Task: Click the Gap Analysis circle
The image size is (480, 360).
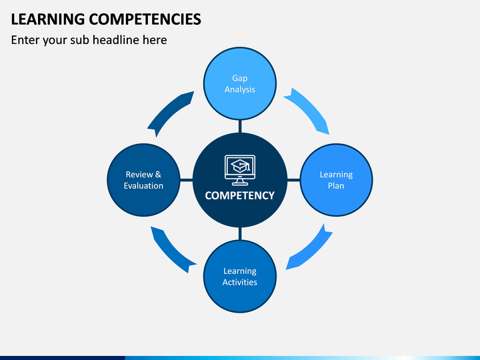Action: point(240,83)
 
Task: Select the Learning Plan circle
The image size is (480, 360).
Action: point(336,180)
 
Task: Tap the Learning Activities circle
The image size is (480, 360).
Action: point(240,277)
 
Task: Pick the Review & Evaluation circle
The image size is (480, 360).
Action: point(143,180)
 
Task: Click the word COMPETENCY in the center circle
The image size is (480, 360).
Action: point(240,195)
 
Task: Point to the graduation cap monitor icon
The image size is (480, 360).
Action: point(240,170)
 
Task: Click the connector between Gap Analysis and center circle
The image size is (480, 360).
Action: point(240,126)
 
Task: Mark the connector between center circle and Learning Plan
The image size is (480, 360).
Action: point(293,180)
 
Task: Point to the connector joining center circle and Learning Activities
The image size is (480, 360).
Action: point(240,233)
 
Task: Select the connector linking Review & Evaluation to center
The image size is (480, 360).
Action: point(187,180)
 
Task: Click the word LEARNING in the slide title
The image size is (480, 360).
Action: point(48,19)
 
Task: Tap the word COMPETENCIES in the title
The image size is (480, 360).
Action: point(145,19)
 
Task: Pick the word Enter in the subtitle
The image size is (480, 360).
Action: point(25,40)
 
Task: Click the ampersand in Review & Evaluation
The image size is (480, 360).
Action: point(158,175)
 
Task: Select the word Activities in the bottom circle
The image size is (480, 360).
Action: point(240,282)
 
